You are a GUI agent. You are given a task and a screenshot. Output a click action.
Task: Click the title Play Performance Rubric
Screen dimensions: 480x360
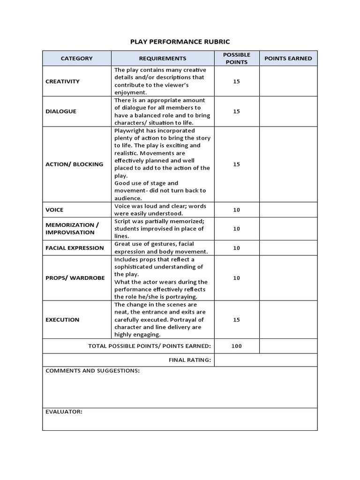pos(180,41)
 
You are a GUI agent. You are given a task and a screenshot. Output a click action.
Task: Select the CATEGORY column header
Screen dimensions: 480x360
pos(77,59)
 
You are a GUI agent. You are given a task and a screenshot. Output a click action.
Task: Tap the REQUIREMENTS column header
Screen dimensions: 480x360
pos(163,59)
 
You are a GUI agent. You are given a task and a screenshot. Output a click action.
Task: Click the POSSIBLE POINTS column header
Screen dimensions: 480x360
pos(236,59)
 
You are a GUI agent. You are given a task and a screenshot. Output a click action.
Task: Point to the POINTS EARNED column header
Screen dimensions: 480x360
pos(288,59)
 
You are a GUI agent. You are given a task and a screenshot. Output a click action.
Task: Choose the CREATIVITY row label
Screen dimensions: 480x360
pos(63,82)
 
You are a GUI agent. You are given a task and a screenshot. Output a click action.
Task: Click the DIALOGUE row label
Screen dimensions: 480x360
pos(61,112)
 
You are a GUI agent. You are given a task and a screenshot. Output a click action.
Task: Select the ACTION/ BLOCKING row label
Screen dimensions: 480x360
pos(75,165)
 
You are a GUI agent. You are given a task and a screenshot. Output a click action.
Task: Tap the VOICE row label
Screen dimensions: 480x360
pos(54,210)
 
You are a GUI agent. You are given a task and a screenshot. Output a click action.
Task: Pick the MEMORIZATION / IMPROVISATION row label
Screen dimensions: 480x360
pos(72,229)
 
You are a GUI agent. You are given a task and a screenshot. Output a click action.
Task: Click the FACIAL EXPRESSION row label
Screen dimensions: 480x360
pos(75,248)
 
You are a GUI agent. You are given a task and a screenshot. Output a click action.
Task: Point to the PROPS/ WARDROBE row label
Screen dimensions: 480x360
pos(75,278)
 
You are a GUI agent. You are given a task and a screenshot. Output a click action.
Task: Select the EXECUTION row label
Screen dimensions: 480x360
pos(62,320)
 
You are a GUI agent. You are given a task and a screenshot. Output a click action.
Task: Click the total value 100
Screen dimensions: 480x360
pos(236,346)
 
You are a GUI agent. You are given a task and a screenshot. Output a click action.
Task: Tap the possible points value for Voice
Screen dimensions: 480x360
pos(236,210)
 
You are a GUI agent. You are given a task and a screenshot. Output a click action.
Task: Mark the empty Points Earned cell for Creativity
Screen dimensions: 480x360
pos(288,82)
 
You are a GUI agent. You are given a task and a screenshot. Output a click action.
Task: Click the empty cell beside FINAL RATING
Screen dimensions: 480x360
pos(266,360)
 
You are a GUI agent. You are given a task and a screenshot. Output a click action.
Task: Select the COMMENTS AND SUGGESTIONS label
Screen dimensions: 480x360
pos(92,371)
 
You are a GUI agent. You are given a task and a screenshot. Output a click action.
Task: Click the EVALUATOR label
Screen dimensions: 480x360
pos(64,412)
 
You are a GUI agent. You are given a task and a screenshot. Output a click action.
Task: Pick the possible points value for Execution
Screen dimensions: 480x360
pos(236,320)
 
